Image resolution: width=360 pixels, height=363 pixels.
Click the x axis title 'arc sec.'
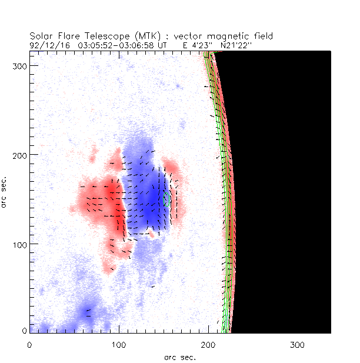tap(179, 357)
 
